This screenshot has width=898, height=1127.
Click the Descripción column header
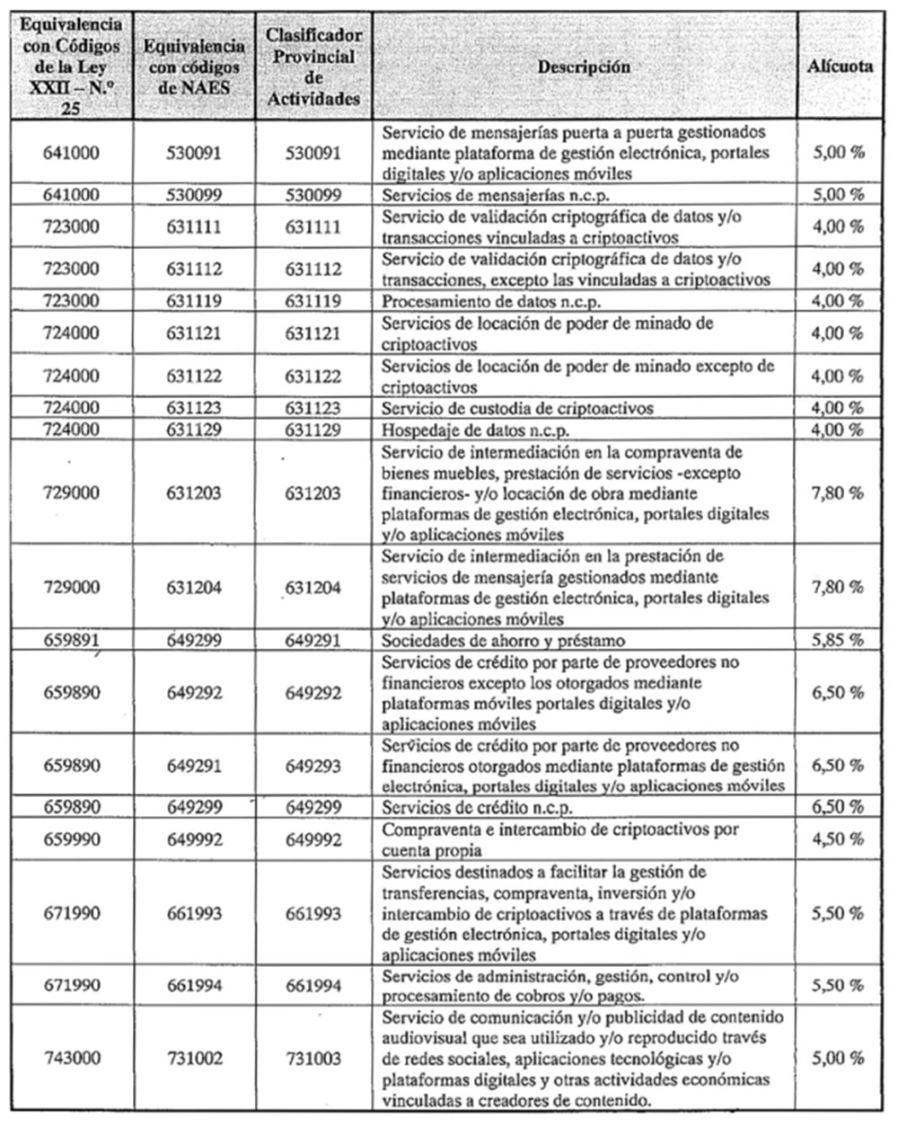tap(584, 67)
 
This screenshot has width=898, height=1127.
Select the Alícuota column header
tap(840, 67)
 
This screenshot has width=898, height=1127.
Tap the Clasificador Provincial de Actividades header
tap(313, 67)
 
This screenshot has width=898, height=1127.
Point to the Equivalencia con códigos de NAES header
tap(194, 67)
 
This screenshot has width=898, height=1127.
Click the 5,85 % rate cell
tap(837, 641)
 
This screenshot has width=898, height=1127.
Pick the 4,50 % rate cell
tap(837, 839)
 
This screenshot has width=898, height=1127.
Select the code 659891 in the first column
tap(72, 641)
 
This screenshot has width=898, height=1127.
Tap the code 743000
tap(72, 1059)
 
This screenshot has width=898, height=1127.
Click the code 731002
tap(194, 1059)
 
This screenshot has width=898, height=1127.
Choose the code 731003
tap(313, 1059)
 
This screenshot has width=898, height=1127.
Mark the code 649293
tap(313, 766)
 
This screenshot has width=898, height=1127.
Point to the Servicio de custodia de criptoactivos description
tap(518, 409)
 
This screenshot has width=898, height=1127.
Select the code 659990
tap(72, 839)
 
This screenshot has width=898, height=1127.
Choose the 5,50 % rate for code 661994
tap(837, 986)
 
